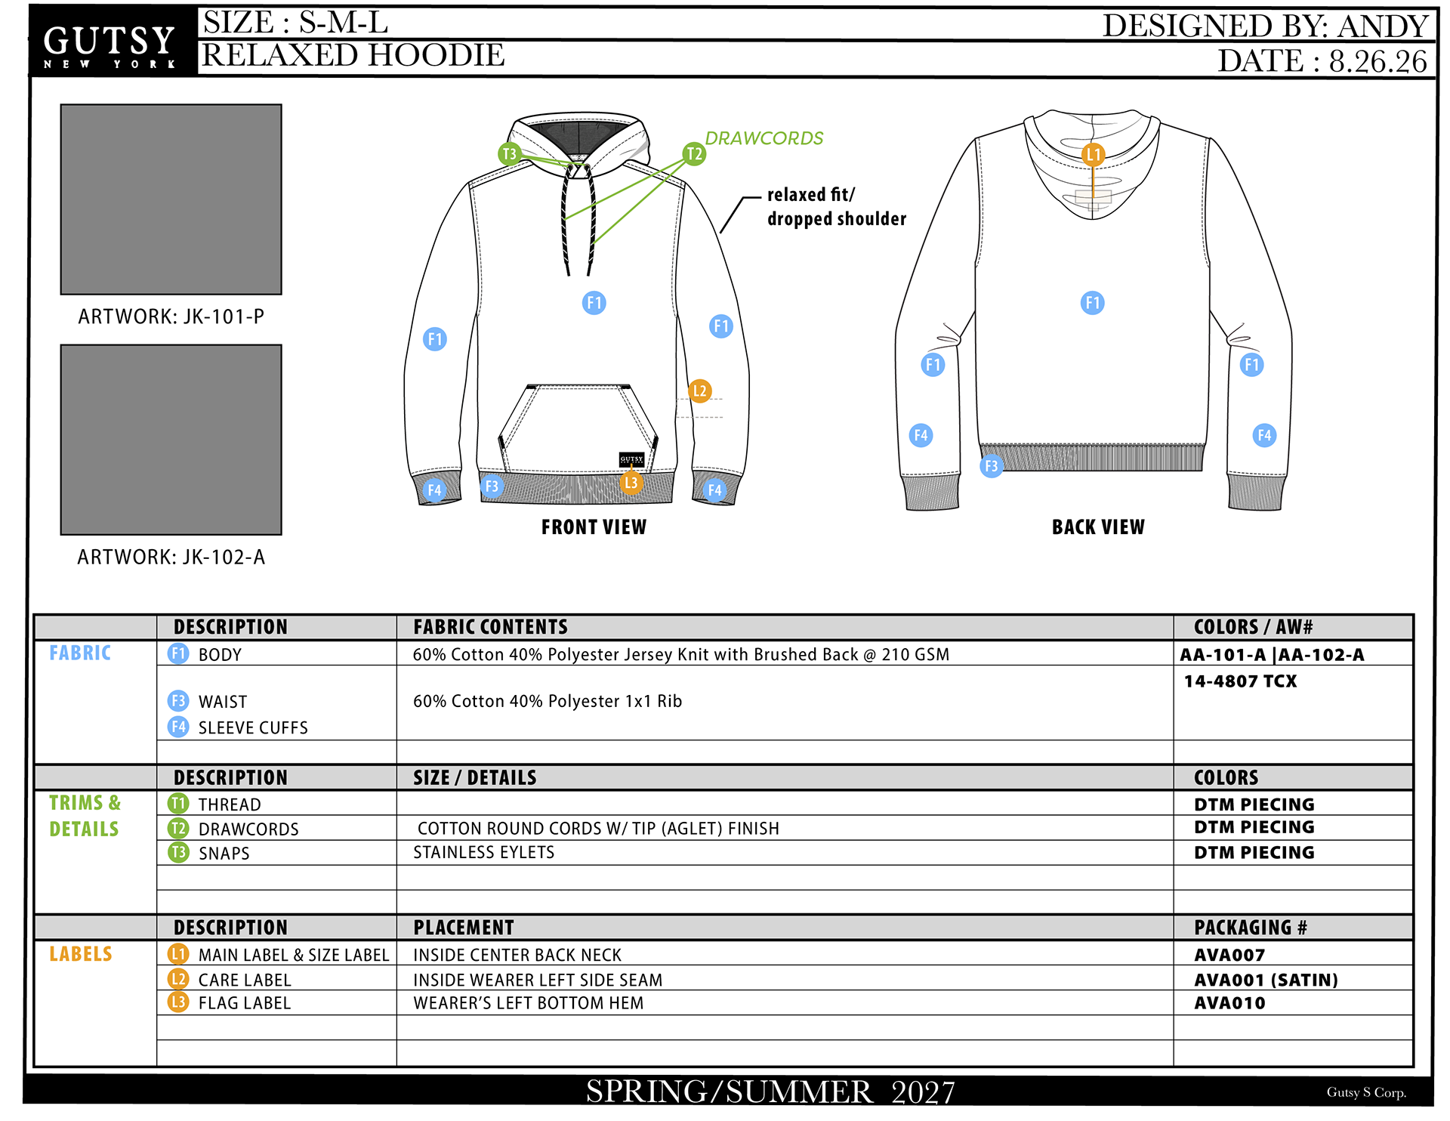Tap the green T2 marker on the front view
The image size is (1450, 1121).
coord(694,154)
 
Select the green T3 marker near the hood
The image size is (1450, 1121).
coord(510,154)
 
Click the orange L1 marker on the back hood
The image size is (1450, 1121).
coord(1093,155)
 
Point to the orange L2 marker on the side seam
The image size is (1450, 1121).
coord(700,391)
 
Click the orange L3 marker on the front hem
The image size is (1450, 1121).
coord(631,483)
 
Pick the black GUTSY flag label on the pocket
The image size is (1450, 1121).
coord(631,459)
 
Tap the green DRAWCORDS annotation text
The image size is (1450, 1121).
coord(764,138)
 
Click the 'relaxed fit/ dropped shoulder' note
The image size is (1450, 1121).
coord(837,206)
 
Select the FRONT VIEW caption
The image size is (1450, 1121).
coord(594,527)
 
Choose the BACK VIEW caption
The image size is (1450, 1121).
coord(1098,527)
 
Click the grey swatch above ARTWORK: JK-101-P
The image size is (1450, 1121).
coord(171,199)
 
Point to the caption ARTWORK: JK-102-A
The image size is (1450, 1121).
coord(171,557)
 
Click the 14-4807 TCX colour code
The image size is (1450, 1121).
coord(1240,681)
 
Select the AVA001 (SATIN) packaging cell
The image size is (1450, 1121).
coord(1266,980)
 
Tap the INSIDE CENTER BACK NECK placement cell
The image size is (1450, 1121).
coord(517,956)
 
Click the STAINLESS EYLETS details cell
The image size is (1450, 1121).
coord(484,853)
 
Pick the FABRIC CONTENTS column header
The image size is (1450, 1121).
coord(490,627)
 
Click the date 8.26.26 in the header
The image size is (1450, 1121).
coord(1378,61)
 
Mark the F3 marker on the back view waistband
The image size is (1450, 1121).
coord(992,466)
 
